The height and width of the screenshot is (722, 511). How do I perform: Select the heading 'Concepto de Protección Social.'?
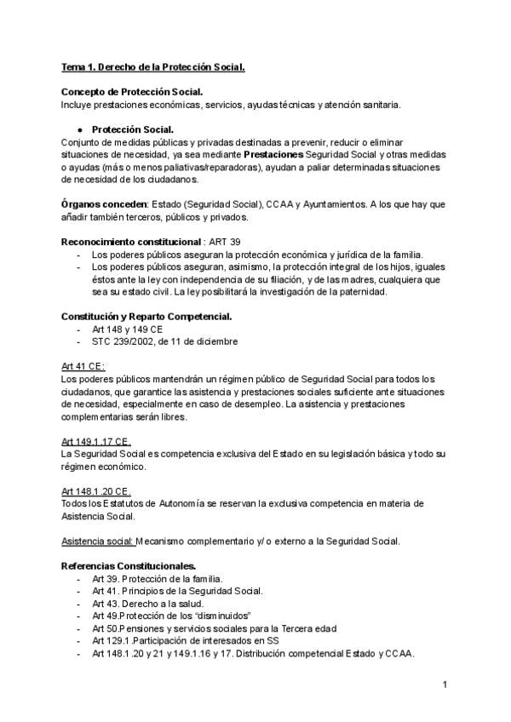tap(132, 92)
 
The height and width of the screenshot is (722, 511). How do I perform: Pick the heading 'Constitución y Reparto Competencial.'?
tap(146, 317)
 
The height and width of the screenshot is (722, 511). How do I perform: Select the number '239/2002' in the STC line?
tap(141, 341)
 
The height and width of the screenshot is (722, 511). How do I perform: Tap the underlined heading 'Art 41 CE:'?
tap(83, 366)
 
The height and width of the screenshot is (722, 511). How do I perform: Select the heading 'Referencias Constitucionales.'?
tap(129, 566)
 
